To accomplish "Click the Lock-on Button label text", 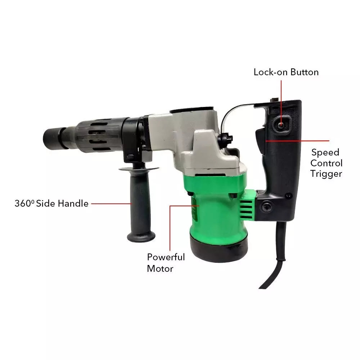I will point(286,72).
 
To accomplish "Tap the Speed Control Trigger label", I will point(326,163).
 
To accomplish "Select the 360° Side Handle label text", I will point(51,203).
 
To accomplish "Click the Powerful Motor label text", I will point(166,262).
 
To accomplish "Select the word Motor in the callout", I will point(160,269).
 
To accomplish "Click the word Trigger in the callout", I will point(326,174).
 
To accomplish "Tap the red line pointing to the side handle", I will point(112,203).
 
